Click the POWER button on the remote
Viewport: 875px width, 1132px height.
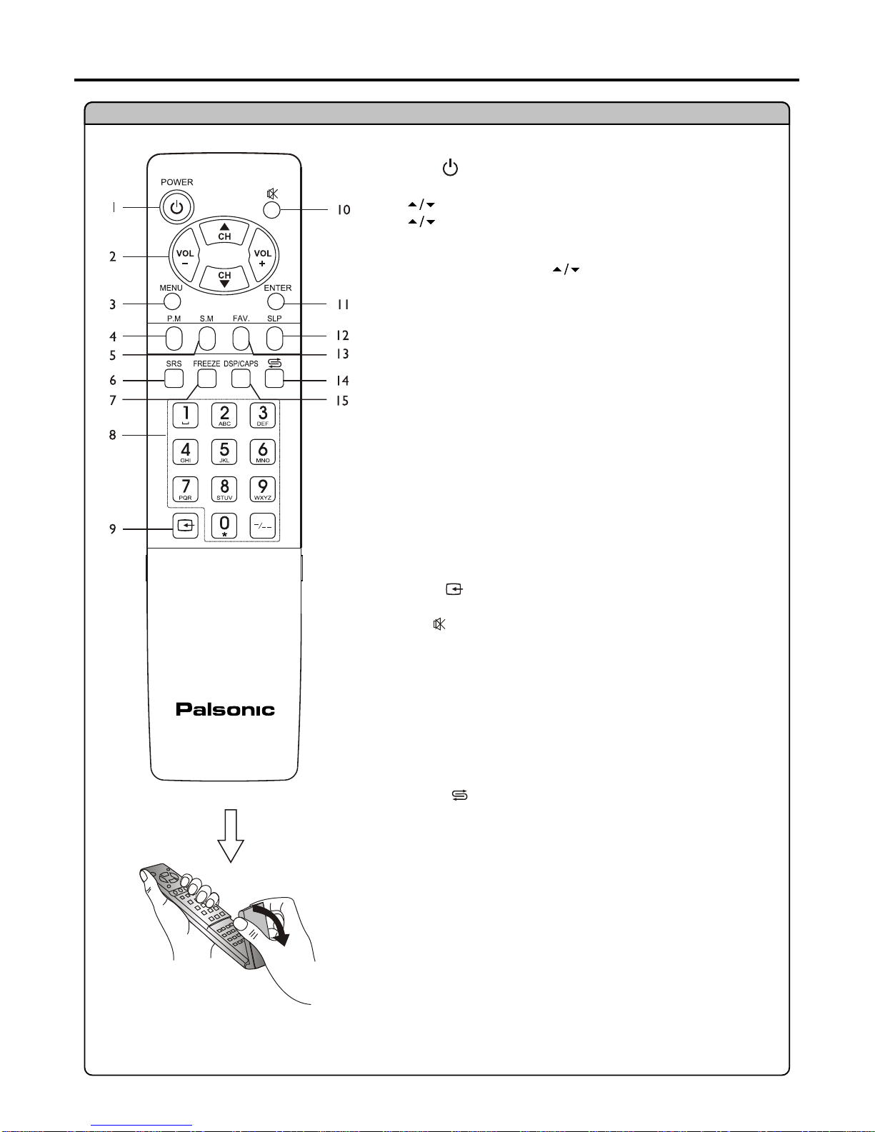point(176,207)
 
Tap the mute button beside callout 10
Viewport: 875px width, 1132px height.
point(272,210)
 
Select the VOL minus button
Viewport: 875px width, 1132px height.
point(185,257)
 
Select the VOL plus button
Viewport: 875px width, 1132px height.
point(263,257)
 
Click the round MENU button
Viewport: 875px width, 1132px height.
point(172,301)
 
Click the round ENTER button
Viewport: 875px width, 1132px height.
point(276,301)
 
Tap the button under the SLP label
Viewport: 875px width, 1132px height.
point(274,339)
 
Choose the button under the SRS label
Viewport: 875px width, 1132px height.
point(174,379)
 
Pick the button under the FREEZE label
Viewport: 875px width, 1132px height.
point(207,379)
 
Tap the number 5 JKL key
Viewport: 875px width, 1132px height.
point(224,452)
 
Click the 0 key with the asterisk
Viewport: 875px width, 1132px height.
point(224,526)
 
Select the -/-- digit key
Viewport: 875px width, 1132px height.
point(263,526)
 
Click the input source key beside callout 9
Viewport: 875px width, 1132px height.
point(186,526)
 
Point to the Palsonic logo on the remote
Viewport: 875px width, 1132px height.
point(225,709)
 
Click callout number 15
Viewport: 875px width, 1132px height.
point(342,401)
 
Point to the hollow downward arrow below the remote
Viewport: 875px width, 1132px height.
point(231,836)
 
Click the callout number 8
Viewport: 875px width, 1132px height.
point(113,435)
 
